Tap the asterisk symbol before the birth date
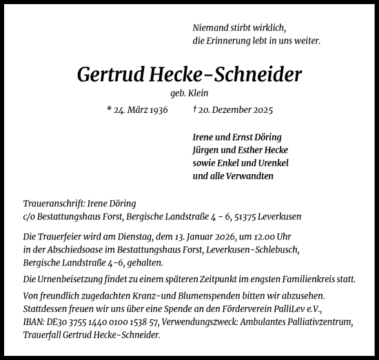coord(110,109)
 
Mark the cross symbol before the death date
coord(194,109)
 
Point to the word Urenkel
coord(271,162)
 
